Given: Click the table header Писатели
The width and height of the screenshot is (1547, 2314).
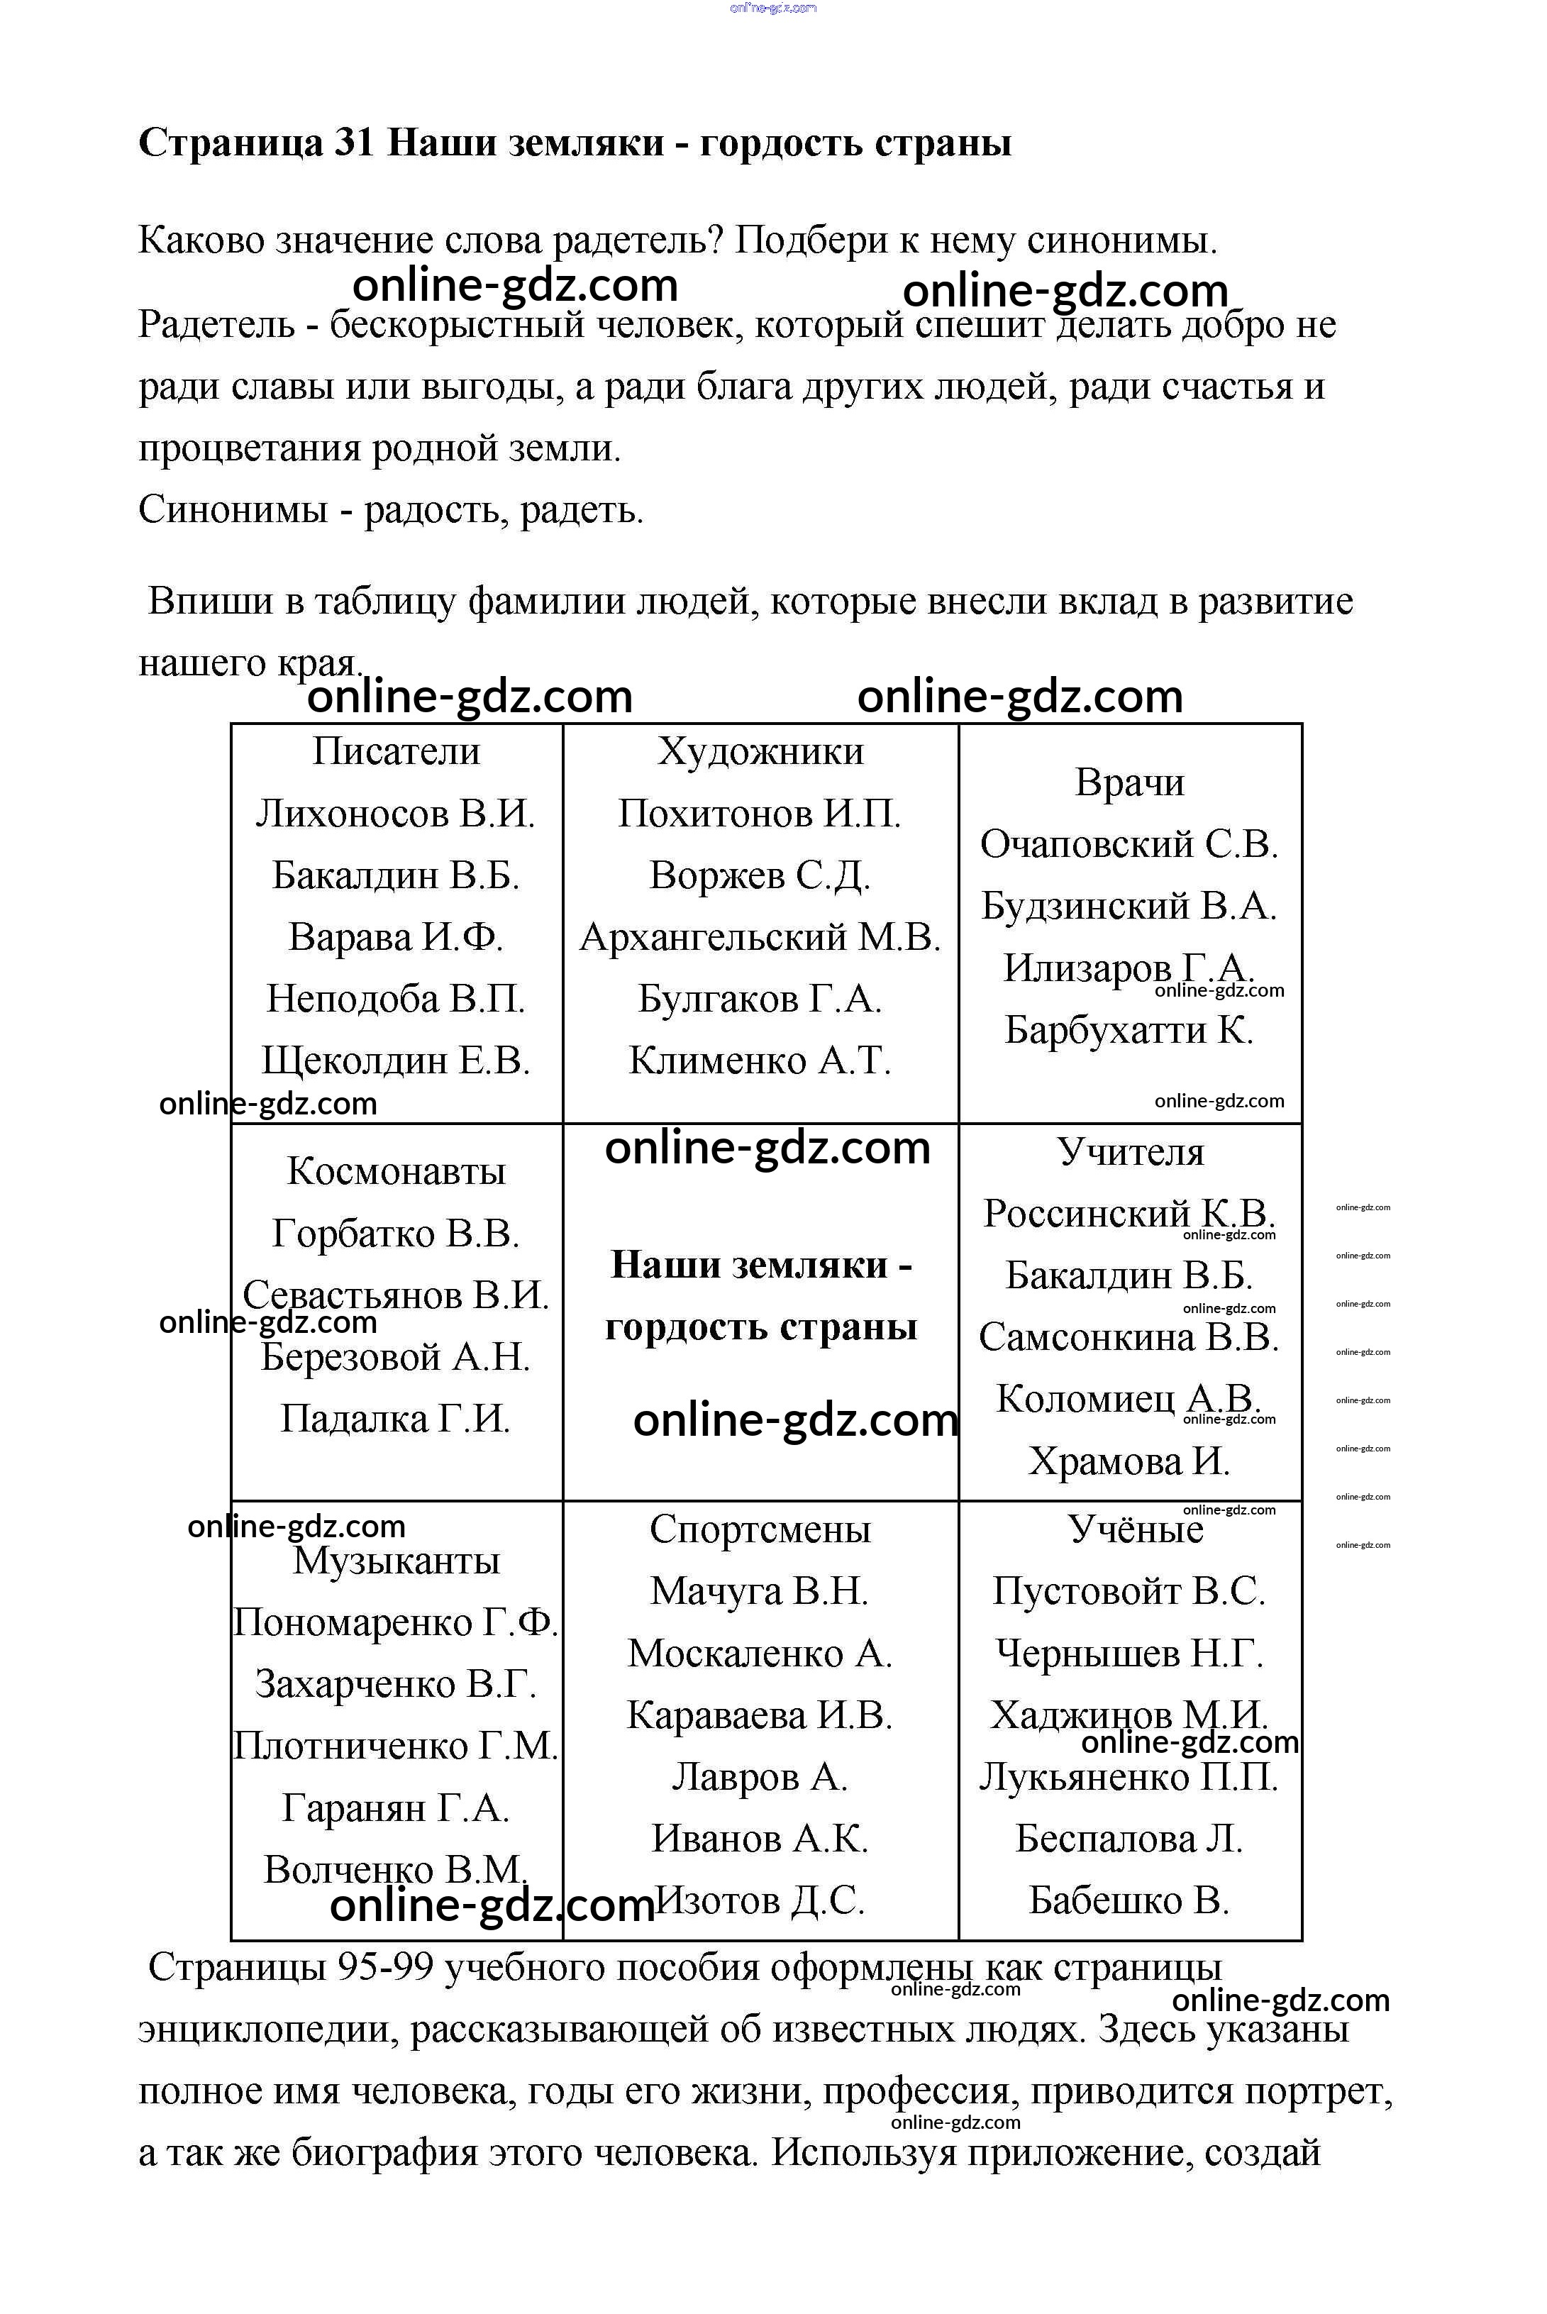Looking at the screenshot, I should click(396, 752).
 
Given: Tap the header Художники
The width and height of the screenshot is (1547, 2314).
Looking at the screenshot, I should click(760, 752).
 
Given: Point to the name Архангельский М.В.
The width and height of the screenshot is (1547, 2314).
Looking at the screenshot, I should click(760, 937).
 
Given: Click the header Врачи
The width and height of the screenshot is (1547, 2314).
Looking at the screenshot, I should click(1130, 782).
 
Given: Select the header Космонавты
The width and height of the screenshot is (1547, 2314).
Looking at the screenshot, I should click(396, 1171).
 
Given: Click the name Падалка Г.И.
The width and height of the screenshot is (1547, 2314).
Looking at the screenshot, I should click(396, 1419).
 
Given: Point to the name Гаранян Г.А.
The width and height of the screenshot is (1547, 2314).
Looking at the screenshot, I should click(396, 1808).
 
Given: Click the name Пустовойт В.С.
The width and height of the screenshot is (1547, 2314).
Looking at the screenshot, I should click(1130, 1590).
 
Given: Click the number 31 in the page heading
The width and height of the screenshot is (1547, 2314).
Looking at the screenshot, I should click(354, 144).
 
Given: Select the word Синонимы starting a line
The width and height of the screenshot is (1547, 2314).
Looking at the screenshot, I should click(233, 510).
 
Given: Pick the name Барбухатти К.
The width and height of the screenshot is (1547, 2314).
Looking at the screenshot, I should click(1130, 1030).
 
